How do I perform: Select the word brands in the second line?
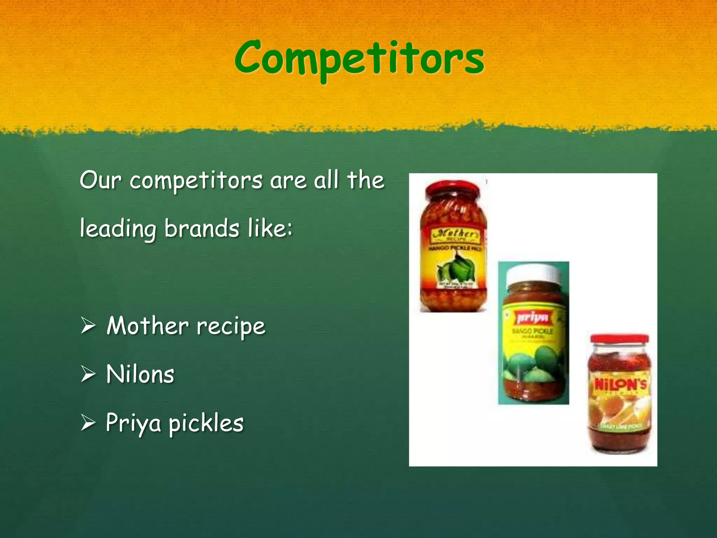point(202,229)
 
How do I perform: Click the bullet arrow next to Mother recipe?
point(88,326)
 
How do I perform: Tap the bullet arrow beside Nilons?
point(88,374)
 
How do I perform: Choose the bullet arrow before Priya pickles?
point(88,423)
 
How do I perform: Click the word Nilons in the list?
point(140,374)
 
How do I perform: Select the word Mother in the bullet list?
point(147,326)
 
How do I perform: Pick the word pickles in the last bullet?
point(206,423)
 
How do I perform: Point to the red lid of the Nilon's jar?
point(619,339)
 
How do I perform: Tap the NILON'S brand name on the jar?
point(620,385)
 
